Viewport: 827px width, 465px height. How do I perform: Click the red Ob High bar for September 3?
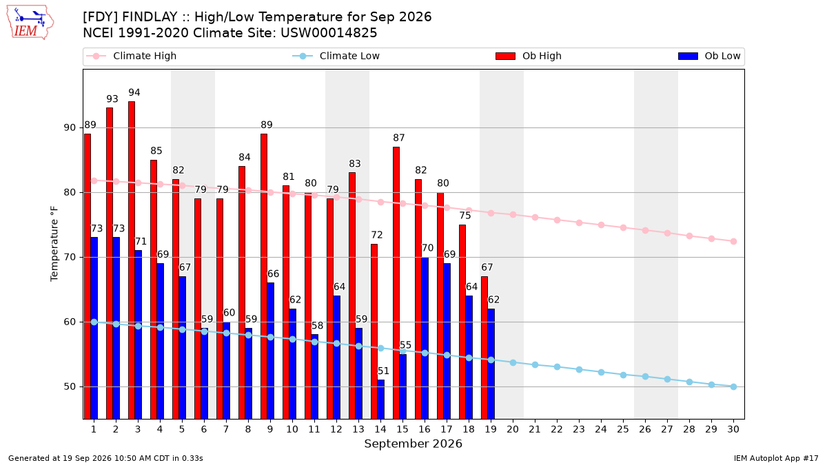click(132, 260)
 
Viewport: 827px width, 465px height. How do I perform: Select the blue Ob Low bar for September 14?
click(380, 400)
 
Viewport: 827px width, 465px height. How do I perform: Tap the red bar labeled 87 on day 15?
click(396, 283)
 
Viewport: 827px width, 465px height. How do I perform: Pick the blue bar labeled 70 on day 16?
click(425, 338)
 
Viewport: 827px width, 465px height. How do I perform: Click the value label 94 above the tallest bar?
click(134, 92)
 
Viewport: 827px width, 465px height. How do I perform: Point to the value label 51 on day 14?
click(383, 371)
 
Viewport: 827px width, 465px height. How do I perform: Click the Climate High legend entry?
click(131, 56)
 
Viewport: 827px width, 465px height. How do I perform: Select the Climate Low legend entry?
click(336, 56)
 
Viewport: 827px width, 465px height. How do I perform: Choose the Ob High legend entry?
click(529, 56)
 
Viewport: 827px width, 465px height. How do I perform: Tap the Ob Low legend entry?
click(709, 56)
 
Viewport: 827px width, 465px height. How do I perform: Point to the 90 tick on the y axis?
click(70, 127)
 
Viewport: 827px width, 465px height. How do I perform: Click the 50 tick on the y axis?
click(70, 386)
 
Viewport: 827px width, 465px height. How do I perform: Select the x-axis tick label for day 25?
click(623, 429)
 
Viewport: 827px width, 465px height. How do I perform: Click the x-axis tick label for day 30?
click(733, 429)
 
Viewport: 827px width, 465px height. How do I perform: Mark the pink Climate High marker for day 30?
click(733, 241)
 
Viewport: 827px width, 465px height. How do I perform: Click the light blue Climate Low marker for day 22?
click(557, 366)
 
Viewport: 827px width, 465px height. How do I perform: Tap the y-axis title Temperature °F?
click(54, 244)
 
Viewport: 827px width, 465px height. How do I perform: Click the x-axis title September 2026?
click(413, 444)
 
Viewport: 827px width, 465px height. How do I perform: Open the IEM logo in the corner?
click(30, 23)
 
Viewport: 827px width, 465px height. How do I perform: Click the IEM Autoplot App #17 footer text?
click(776, 458)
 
